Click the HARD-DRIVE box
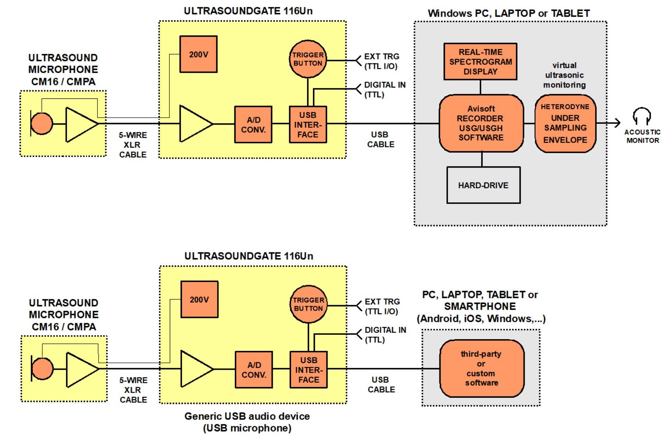pos(483,185)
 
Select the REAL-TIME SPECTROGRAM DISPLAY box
pos(480,62)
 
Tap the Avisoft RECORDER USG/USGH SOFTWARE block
pos(481,123)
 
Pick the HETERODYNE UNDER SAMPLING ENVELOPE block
pos(565,123)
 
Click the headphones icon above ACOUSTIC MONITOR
pos(642,116)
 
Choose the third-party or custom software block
pos(481,368)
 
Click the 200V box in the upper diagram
pos(198,54)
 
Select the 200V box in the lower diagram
pos(199,300)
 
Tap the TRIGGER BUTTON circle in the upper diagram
pos(308,59)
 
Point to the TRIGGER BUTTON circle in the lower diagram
pos(309,304)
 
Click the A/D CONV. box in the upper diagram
pos(253,125)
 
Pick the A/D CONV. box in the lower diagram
pos(254,370)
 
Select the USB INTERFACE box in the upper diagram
pos(308,125)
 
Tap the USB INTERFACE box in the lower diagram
pos(309,370)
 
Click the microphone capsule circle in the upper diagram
pos(42,124)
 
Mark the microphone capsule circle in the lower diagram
pos(43,369)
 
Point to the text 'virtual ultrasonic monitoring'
pos(564,75)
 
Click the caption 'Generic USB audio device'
pos(247,416)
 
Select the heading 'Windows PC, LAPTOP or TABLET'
pos(509,13)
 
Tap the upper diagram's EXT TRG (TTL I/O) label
pos(381,61)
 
